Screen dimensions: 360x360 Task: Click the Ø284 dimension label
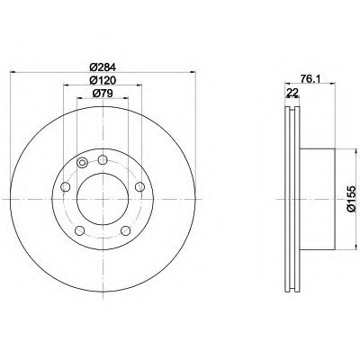coord(103,67)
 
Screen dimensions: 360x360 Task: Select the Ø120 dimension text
coord(103,80)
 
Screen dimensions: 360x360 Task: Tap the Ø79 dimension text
coord(103,94)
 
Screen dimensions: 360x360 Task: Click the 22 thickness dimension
coord(292,93)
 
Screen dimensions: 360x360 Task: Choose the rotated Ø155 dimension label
coord(351,199)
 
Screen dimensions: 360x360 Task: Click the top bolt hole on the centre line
coord(103,159)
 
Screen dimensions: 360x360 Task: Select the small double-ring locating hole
coord(82,163)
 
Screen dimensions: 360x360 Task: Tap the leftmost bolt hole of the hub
coord(66,187)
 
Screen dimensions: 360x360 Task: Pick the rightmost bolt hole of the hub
coord(139,187)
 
